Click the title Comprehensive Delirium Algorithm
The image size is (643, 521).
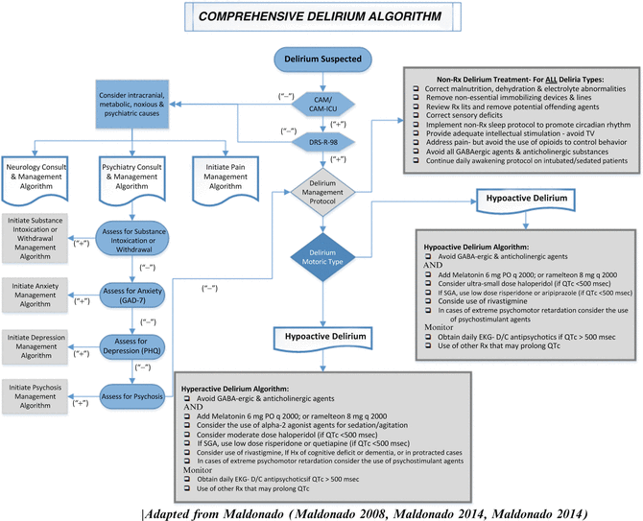(x=321, y=17)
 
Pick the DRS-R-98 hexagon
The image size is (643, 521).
(x=321, y=141)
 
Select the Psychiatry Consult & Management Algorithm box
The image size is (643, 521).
(x=134, y=178)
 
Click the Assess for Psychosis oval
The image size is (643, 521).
(x=134, y=393)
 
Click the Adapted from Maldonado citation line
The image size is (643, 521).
(x=321, y=509)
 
